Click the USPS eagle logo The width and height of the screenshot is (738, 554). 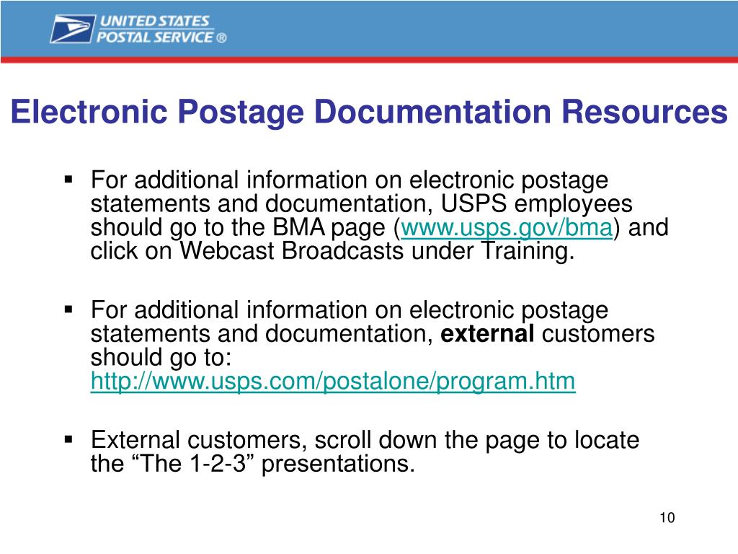[x=72, y=28]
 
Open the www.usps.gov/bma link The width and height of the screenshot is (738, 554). [x=507, y=229]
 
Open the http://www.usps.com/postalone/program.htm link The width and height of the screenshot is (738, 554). [x=333, y=382]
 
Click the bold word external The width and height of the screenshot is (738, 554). [x=487, y=334]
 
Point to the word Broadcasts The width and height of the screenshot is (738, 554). [x=345, y=252]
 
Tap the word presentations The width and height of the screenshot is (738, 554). [x=337, y=464]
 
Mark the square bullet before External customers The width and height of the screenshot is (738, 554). [x=69, y=439]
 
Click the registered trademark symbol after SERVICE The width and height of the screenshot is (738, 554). [x=221, y=38]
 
